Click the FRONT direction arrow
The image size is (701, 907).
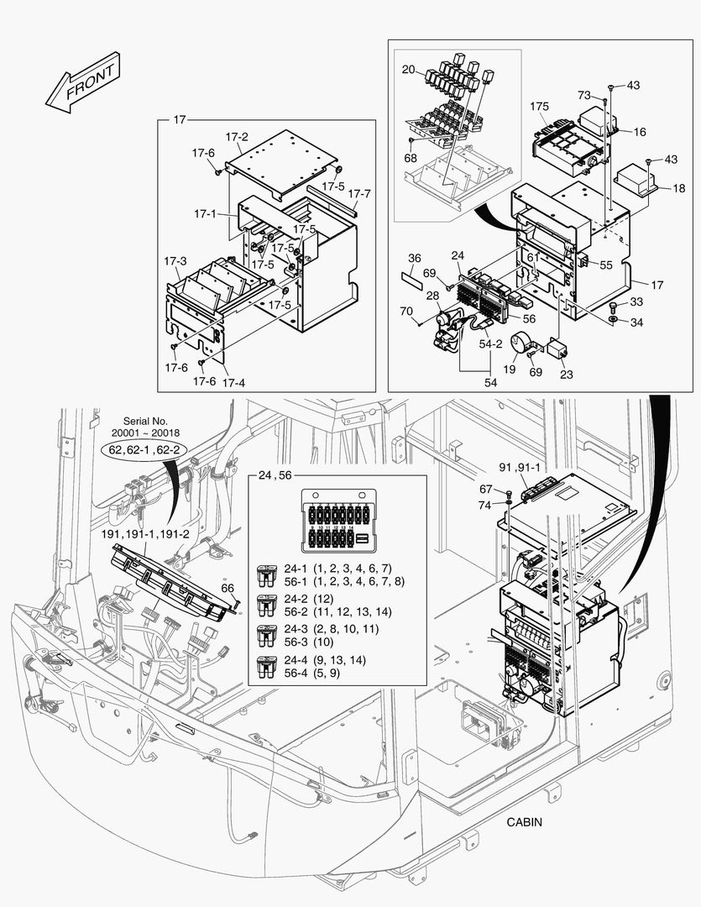82,83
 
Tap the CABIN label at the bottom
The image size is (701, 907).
525,822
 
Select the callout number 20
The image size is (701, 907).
408,69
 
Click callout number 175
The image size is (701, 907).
540,107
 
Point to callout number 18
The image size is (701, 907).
678,189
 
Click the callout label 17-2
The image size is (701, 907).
236,137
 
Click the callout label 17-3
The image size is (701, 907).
176,261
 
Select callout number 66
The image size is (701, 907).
227,589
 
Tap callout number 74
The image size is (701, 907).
485,505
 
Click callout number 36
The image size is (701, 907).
415,258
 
